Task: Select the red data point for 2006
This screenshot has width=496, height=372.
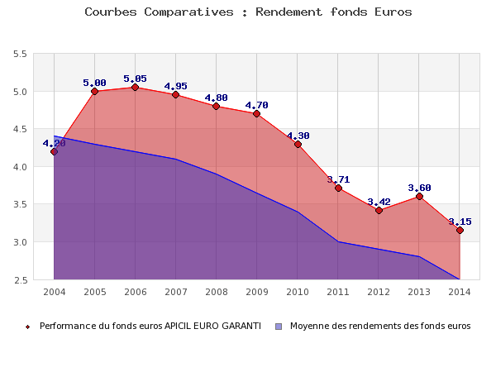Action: (135, 88)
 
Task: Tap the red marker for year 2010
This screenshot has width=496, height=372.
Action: (298, 144)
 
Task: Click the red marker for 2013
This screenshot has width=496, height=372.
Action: (419, 196)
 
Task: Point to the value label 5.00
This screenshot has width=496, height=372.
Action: (94, 83)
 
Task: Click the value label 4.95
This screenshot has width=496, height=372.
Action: (175, 86)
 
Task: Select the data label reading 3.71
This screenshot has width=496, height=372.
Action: (338, 179)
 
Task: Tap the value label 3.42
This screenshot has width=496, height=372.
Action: (379, 202)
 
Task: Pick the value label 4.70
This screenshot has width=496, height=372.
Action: (256, 105)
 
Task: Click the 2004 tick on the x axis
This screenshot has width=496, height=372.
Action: (54, 292)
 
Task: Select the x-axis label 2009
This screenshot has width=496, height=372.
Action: (256, 292)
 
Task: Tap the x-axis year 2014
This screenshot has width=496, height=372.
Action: (460, 292)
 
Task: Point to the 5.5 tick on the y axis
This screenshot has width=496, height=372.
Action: (20, 54)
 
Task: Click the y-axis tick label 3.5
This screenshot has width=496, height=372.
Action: (20, 204)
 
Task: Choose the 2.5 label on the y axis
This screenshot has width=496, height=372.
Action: (20, 279)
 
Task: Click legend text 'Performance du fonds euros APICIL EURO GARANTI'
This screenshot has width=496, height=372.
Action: (150, 326)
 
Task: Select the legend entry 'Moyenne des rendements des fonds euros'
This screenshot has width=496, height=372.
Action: (380, 326)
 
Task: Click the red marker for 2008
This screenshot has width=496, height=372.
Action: (216, 106)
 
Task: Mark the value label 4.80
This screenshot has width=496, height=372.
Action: (216, 98)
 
